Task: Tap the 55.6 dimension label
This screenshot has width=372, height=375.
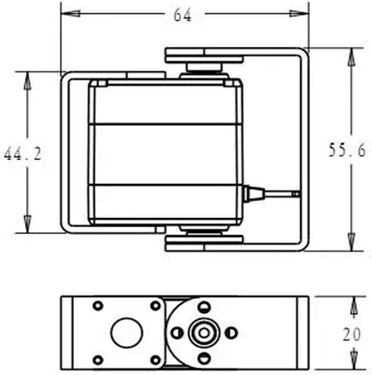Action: (347, 151)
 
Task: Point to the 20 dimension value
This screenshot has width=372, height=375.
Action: (351, 335)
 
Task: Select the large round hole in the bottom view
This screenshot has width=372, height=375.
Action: (127, 333)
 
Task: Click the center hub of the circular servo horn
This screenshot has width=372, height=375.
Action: (204, 333)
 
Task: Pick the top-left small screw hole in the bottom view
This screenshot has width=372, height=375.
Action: (98, 306)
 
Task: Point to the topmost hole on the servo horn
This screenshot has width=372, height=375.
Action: (204, 306)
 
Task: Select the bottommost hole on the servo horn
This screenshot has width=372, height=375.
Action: (204, 358)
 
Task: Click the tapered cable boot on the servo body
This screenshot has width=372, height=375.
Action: (253, 194)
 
